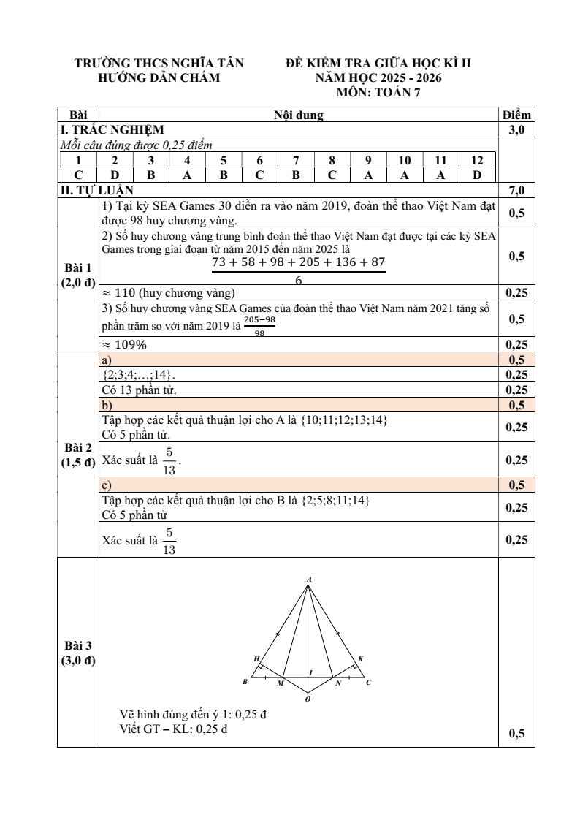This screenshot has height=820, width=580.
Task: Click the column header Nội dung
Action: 298,115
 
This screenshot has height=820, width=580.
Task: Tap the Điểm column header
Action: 517,115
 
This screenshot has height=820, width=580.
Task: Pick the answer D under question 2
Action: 115,175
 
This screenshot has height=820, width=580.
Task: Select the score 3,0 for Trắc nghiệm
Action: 517,129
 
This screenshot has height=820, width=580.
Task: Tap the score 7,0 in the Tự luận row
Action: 517,191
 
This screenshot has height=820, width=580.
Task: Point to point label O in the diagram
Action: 308,699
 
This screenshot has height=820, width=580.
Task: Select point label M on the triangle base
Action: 281,684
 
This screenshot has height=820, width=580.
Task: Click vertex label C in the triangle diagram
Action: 368,683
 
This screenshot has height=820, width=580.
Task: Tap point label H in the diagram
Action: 256,659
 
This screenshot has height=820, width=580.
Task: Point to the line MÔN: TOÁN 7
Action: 378,92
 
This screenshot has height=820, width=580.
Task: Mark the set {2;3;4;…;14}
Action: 134,375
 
